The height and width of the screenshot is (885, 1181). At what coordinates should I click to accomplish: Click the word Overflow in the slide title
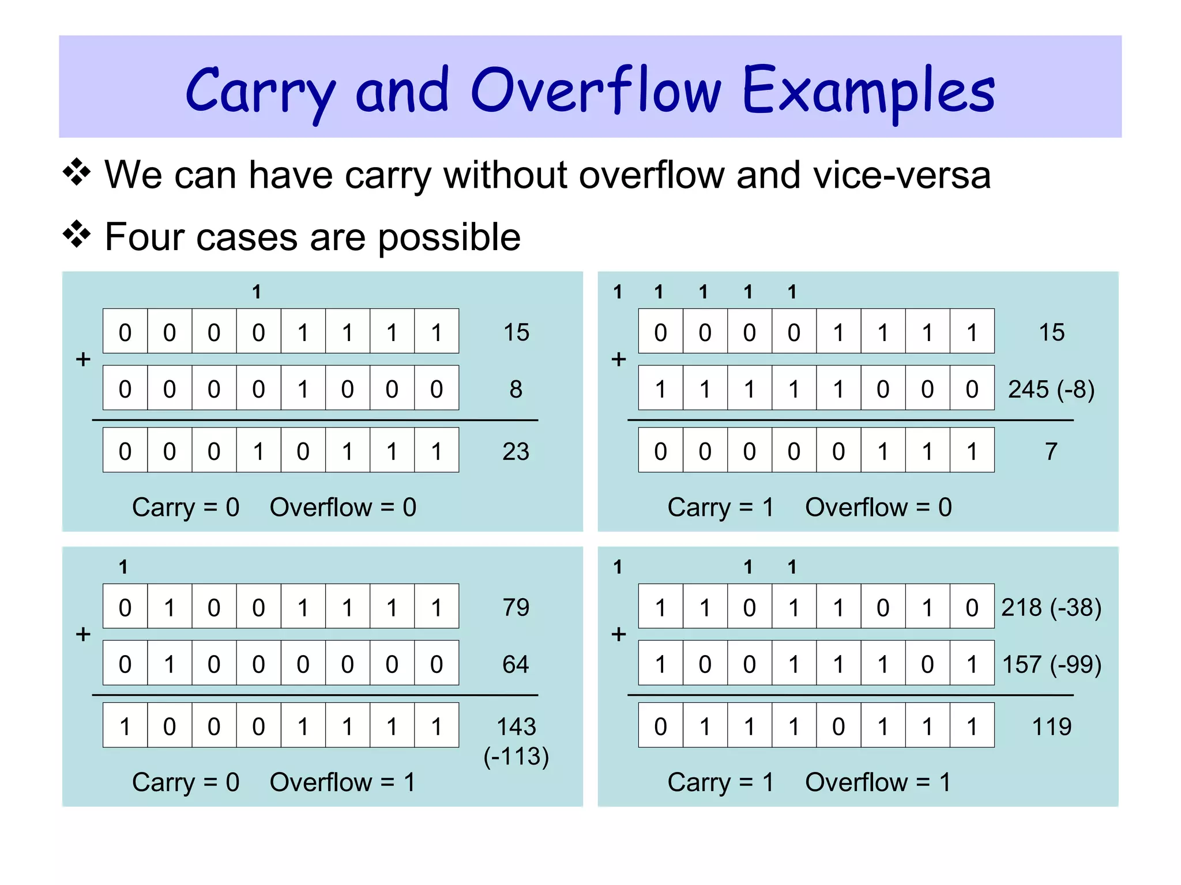pos(596,91)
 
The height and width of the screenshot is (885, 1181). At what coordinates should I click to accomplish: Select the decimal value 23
pos(516,451)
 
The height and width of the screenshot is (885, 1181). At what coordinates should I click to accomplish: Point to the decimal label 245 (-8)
pos(1051,389)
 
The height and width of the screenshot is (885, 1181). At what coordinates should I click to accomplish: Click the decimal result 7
pos(1051,451)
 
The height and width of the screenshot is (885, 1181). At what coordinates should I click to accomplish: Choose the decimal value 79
pos(516,607)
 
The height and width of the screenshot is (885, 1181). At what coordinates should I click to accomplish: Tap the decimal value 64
pos(516,664)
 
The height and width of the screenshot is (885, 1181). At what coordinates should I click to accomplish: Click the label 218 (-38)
pos(1051,607)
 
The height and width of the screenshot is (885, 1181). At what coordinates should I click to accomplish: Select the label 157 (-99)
pos(1051,664)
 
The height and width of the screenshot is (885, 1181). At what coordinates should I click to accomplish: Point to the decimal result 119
pos(1051,727)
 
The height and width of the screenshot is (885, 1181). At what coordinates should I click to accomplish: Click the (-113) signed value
pos(516,757)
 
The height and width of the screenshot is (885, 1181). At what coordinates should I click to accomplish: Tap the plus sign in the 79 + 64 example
pos(84,634)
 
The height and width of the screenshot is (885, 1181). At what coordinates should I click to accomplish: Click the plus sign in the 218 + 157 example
pos(619,634)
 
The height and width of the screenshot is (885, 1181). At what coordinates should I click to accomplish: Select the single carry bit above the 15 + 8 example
pos(257,292)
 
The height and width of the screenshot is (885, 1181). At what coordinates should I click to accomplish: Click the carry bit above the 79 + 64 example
pos(123,567)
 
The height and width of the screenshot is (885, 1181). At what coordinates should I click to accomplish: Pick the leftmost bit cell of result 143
pos(125,726)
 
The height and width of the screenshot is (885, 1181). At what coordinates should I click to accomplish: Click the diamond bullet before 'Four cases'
pos(77,235)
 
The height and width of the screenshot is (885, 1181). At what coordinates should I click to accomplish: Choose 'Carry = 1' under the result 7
pos(720,508)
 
